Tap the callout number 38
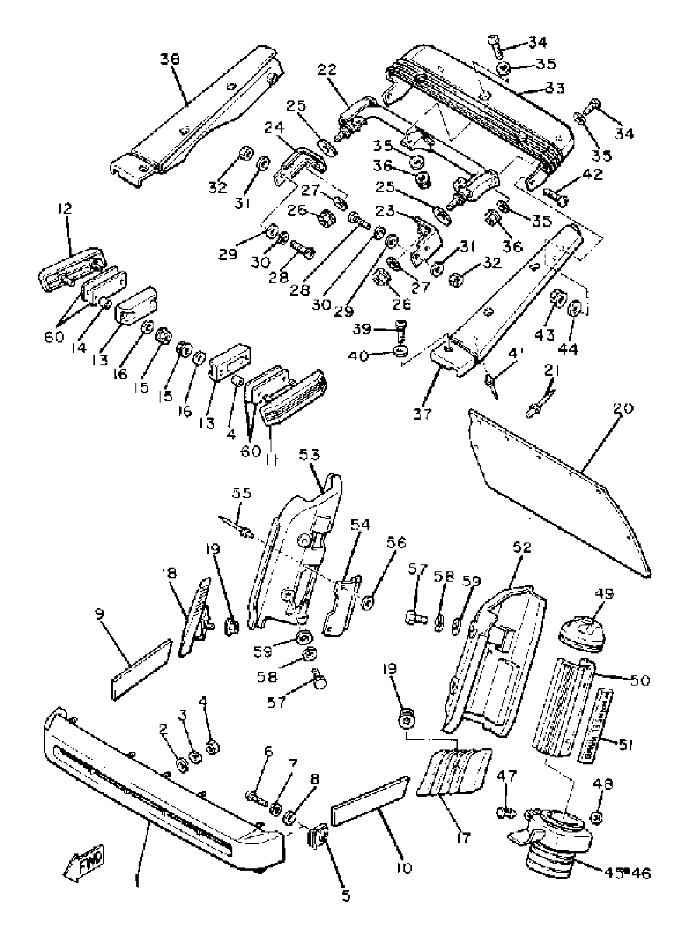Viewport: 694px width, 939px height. pyautogui.click(x=169, y=60)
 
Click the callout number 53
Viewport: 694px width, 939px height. pyautogui.click(x=309, y=454)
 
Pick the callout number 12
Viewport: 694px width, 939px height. pyautogui.click(x=65, y=209)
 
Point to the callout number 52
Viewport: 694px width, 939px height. pyautogui.click(x=521, y=547)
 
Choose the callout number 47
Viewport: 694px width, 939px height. pyautogui.click(x=507, y=776)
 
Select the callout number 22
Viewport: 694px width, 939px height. pyautogui.click(x=327, y=70)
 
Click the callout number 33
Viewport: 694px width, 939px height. pyautogui.click(x=555, y=89)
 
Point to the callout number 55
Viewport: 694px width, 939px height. pyautogui.click(x=241, y=493)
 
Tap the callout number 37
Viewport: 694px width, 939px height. pyautogui.click(x=422, y=414)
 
